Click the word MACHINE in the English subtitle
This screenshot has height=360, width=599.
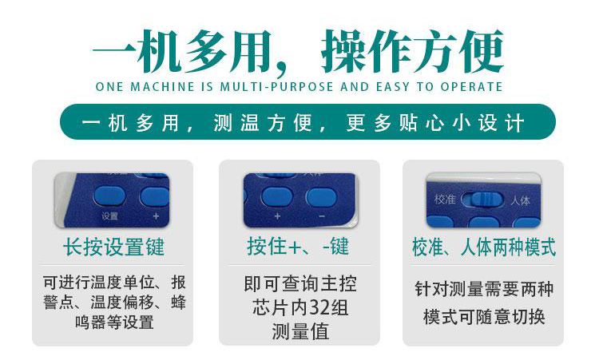(x=163, y=87)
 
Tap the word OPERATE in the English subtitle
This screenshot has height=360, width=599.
(x=471, y=87)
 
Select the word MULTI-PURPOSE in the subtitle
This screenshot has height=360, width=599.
(x=276, y=87)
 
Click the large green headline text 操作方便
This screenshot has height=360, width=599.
(x=413, y=52)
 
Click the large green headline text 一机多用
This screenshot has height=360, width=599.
(x=182, y=52)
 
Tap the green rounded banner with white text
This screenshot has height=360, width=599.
(x=307, y=122)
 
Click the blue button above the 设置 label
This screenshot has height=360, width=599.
(x=109, y=196)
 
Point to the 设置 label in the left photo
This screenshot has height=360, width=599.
(x=109, y=216)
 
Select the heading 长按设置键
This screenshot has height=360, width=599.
(x=114, y=247)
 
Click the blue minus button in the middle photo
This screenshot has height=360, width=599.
(x=321, y=197)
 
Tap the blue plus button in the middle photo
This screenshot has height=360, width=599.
(x=277, y=197)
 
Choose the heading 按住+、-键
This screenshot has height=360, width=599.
(x=298, y=246)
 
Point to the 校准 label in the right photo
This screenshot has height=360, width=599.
(x=445, y=200)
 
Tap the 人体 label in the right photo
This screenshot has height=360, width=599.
(x=521, y=200)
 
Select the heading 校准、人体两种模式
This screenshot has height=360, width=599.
(x=484, y=247)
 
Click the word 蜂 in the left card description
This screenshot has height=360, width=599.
(x=178, y=302)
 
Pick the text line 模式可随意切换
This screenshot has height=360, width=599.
(x=484, y=317)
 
